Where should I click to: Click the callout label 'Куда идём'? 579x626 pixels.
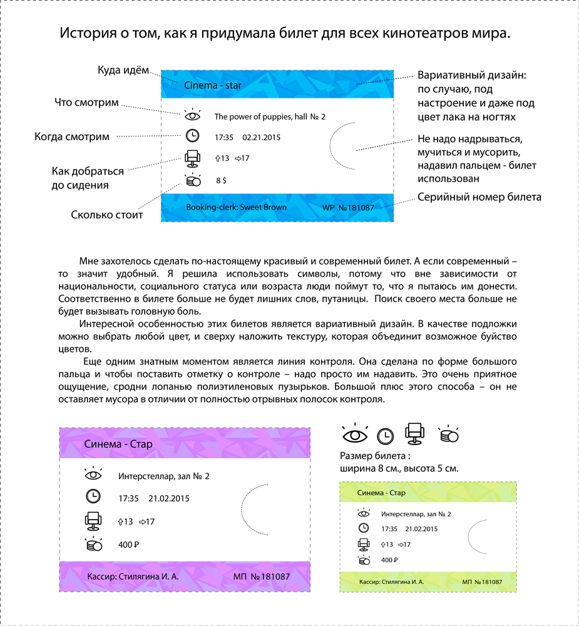point(123,70)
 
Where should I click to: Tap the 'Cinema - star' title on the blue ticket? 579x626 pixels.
point(213,85)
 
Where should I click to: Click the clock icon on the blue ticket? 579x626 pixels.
point(193,136)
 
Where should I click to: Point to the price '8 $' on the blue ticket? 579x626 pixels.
point(221,180)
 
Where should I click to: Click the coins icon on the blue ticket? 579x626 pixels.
point(193,180)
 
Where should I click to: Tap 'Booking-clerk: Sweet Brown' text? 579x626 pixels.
point(237,207)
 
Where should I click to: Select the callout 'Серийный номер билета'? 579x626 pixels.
point(479,197)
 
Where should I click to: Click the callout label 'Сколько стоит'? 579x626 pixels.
point(107,215)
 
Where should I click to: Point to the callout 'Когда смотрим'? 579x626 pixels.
point(72,136)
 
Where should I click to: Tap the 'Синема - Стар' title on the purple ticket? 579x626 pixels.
point(118,444)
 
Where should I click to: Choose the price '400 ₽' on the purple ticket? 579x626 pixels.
point(128,545)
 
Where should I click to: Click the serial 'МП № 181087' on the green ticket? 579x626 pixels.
point(482,582)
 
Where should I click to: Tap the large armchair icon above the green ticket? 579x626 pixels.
point(416,434)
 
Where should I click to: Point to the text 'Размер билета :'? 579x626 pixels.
point(374,456)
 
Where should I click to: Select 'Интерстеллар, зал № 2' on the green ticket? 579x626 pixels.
point(416,514)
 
